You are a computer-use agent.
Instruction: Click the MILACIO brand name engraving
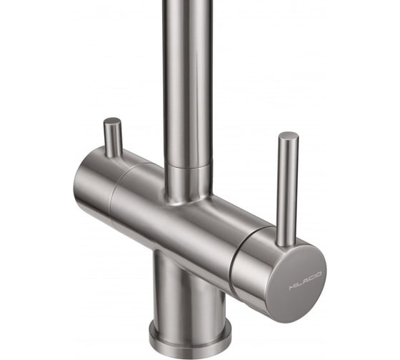tap(306, 281)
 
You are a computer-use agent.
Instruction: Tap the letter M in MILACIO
tap(291, 287)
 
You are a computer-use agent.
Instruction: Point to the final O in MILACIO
tap(319, 274)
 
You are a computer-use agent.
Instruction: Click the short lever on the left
tap(113, 138)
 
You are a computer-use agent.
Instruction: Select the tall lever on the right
tap(287, 189)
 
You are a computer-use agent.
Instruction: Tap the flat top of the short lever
tap(112, 121)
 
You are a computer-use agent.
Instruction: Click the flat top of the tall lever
tap(289, 136)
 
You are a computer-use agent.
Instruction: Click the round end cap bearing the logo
tap(296, 283)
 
